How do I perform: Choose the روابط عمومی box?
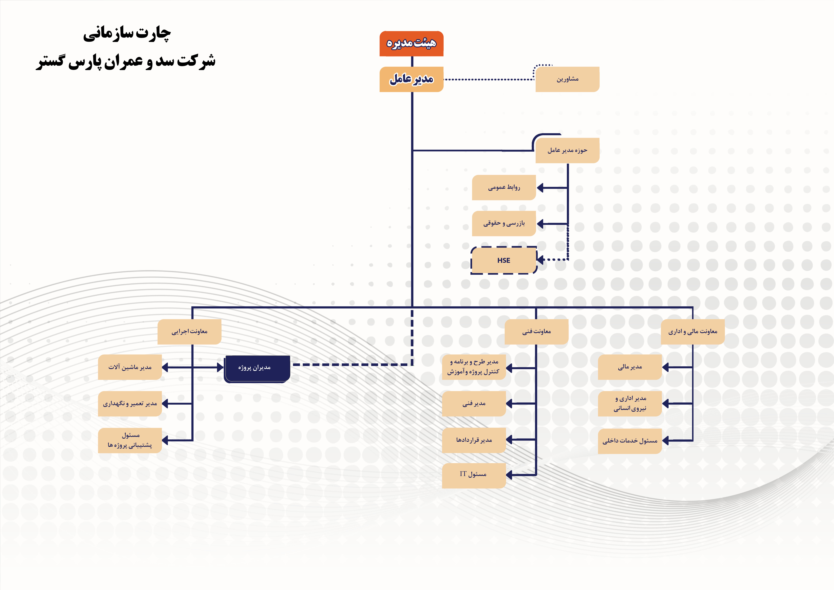(x=504, y=187)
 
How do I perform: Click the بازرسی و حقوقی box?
(x=504, y=223)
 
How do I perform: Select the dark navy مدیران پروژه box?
(x=257, y=368)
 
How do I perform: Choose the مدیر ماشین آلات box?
(x=130, y=367)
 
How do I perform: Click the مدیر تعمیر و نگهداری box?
(x=130, y=404)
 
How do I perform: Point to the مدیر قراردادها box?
(x=474, y=440)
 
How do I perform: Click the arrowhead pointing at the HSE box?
(x=540, y=259)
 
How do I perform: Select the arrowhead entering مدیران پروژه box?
(x=220, y=367)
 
